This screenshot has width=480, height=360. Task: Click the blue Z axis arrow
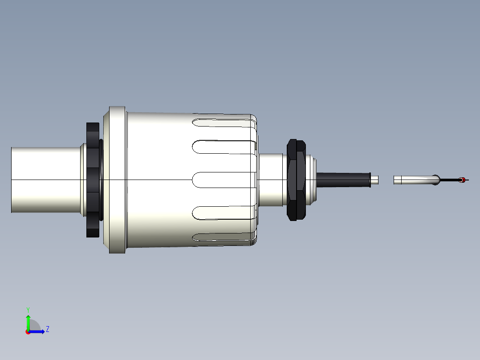38,331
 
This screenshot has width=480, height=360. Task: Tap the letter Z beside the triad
47,329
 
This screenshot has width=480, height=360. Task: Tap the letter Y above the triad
28,309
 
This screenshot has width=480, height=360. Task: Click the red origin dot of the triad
28,332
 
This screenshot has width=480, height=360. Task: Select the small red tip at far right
463,180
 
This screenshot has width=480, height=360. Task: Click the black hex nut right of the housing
297,180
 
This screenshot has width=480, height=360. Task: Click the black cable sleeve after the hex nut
343,180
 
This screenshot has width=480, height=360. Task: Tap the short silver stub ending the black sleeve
375,180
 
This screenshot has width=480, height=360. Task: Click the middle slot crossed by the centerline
223,180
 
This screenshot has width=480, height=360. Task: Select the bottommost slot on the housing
223,240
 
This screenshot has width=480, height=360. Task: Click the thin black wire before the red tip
450,180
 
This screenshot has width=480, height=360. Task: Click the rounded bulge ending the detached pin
436,180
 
